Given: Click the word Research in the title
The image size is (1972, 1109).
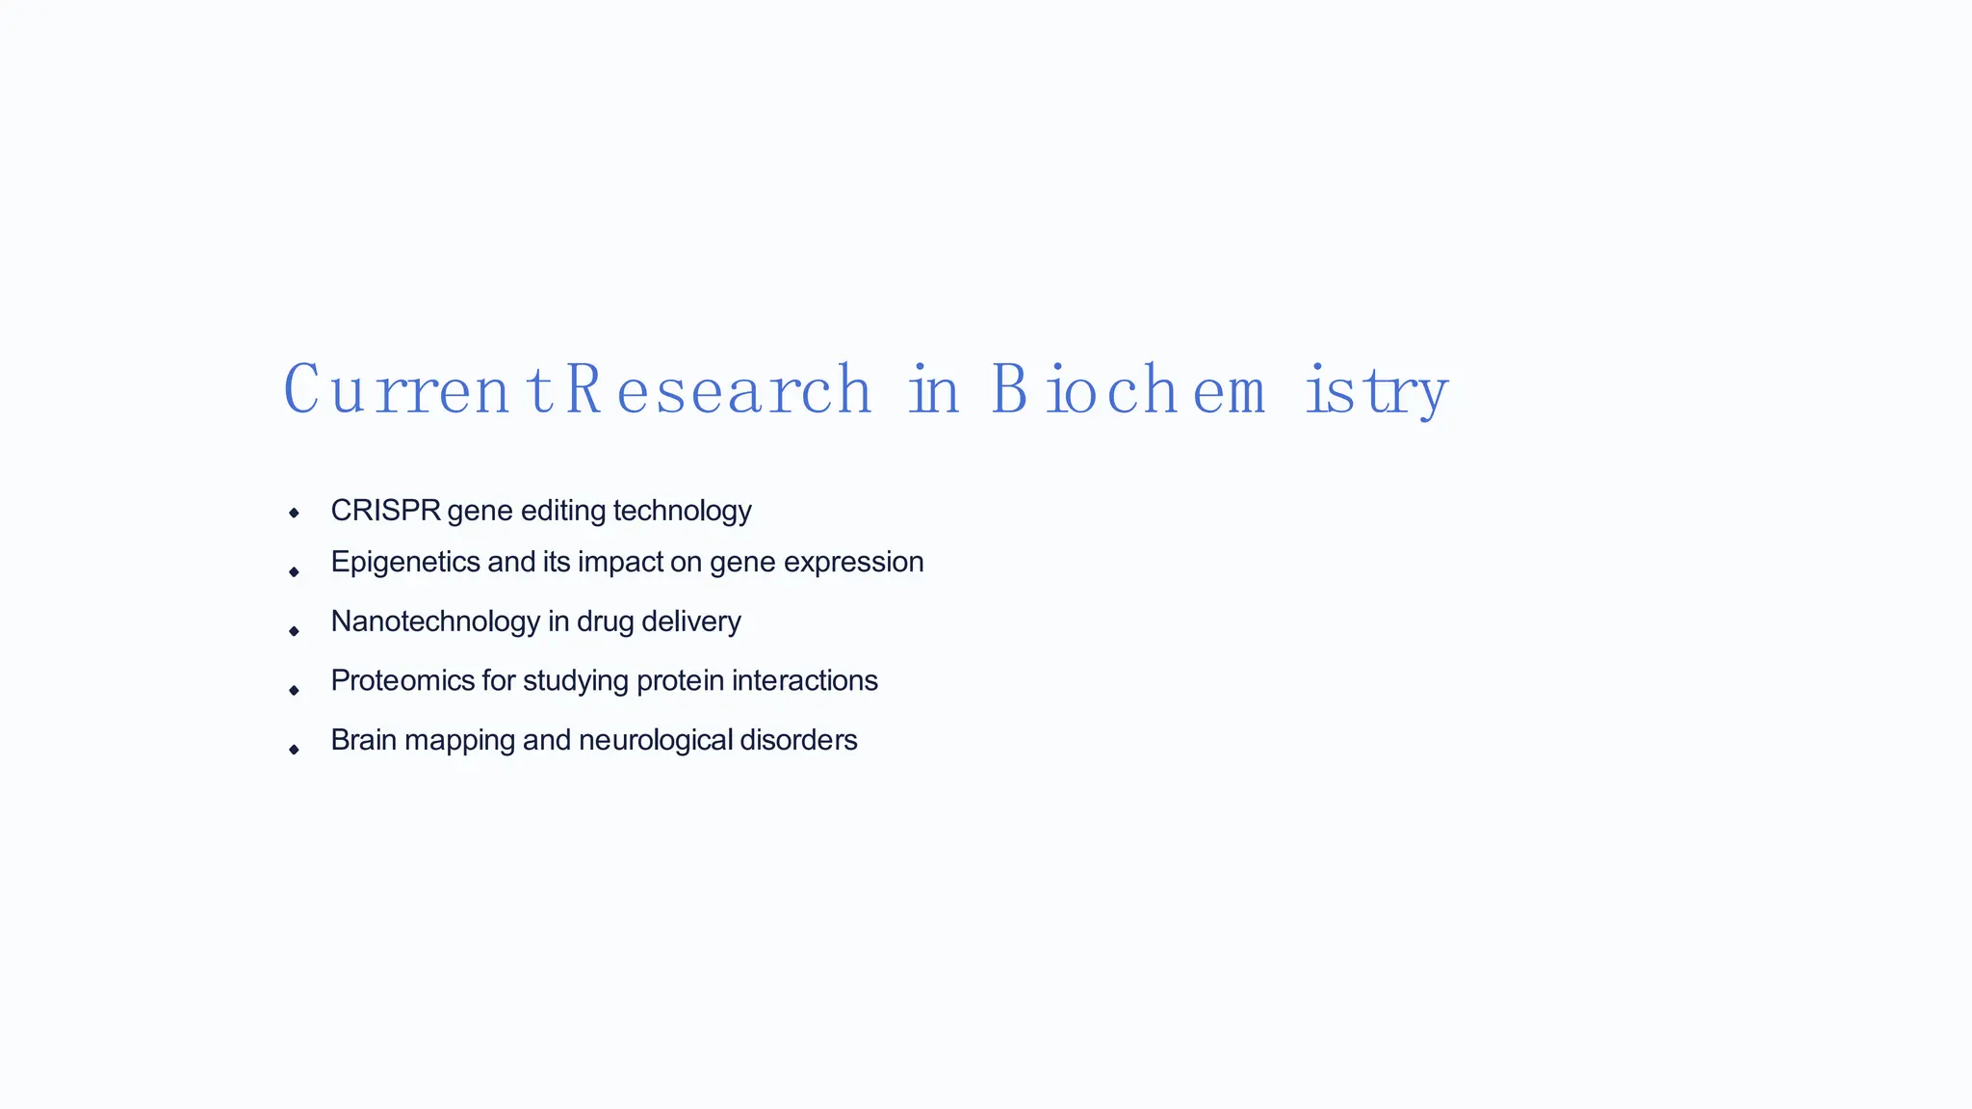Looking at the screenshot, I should click(x=718, y=390).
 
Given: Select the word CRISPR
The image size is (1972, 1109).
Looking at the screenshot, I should click(x=385, y=511).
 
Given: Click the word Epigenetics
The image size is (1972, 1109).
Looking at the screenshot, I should click(x=405, y=562).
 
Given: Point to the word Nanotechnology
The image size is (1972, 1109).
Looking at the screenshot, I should click(x=435, y=621).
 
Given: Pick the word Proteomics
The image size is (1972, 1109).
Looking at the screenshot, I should click(x=402, y=681).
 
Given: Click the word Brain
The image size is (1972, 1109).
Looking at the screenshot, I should click(x=364, y=740).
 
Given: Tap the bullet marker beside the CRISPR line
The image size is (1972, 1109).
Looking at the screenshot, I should click(x=294, y=514).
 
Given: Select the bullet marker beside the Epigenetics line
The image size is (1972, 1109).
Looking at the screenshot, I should click(x=294, y=572).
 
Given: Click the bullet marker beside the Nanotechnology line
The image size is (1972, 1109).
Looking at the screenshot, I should click(x=294, y=631).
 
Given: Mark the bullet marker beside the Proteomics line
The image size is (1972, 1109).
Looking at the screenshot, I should click(x=294, y=690).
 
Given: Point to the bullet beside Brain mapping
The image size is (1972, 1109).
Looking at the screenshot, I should click(x=294, y=749).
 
